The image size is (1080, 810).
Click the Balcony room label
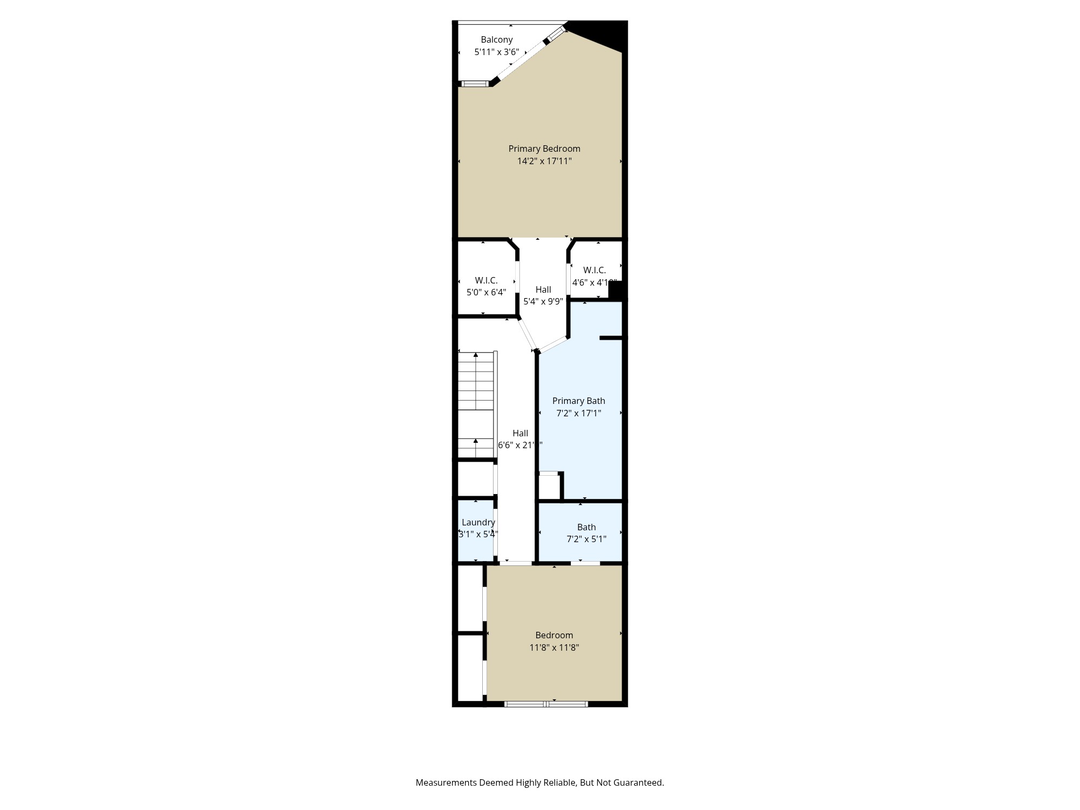pos(496,39)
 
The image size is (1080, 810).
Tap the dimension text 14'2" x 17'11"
pos(544,161)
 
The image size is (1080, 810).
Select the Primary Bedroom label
pos(544,148)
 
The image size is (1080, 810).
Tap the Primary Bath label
pos(578,401)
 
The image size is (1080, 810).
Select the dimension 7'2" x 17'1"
pos(578,413)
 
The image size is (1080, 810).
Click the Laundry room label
pos(478,522)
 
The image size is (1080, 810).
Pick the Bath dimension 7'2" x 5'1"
pos(586,539)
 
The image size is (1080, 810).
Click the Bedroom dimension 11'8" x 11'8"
pos(554,647)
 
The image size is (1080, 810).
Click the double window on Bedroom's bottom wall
pos(545,704)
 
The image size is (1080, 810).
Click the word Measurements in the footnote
pos(446,782)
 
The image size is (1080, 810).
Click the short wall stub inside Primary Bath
pos(611,338)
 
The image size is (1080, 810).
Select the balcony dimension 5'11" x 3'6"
pos(496,52)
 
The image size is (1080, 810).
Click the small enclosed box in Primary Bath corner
pos(550,487)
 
